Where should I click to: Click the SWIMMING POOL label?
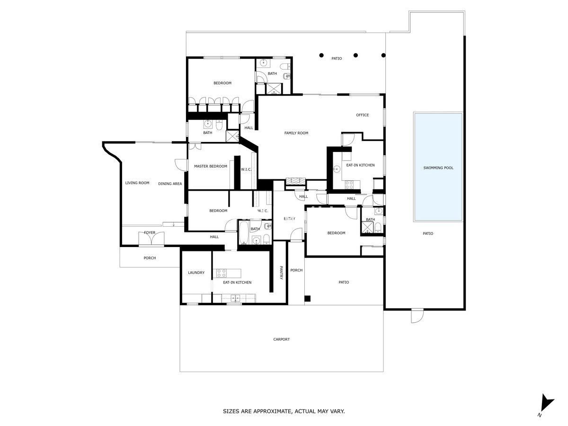point(438,168)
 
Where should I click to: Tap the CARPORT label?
point(281,339)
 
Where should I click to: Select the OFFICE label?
point(363,115)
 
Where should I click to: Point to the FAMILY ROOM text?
point(296,133)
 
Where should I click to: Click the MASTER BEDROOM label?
point(210,166)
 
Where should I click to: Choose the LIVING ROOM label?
point(137,183)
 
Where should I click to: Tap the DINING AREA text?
point(170,184)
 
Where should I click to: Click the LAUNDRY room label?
point(196,273)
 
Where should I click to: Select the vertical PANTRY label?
point(281,273)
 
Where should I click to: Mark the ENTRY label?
point(289,219)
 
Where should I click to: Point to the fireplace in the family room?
point(295,181)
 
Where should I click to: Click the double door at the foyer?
point(151,239)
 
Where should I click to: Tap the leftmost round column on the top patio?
point(321,54)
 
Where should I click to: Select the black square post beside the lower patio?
point(307,299)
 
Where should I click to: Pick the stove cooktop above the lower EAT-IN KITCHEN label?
point(222,273)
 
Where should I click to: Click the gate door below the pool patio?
point(417,316)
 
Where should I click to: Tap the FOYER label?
point(150,232)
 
